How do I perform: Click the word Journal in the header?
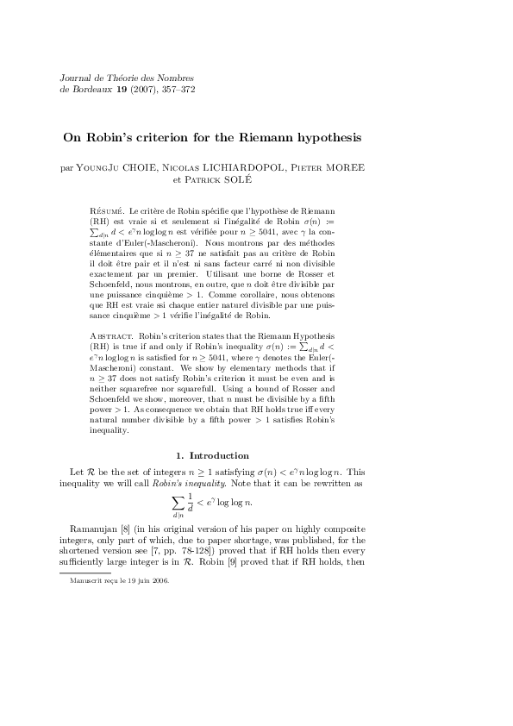[72, 78]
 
